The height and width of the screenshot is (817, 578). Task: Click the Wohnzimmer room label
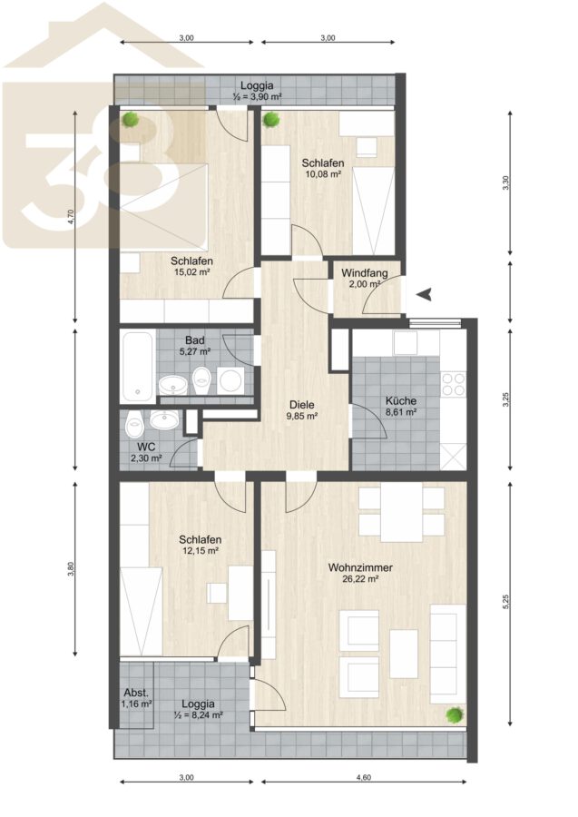point(360,567)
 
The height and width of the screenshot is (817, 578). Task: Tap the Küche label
point(401,400)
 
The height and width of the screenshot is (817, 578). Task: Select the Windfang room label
point(365,273)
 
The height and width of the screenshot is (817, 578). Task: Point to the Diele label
point(302,404)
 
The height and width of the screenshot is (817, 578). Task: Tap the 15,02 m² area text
point(192,271)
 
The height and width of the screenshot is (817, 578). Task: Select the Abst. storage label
point(136,693)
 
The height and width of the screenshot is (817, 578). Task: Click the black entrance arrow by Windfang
point(426,294)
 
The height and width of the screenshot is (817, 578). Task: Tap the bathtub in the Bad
point(137,366)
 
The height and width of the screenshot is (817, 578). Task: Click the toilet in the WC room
point(135,424)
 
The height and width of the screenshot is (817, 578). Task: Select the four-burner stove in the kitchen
point(453,385)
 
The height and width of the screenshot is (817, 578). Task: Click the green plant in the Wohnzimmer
point(455,714)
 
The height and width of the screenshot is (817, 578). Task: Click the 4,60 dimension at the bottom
point(364,777)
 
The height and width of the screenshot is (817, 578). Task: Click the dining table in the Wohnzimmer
point(401,512)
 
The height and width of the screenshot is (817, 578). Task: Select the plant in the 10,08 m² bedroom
point(270,120)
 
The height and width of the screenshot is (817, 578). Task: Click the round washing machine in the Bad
point(230,380)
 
